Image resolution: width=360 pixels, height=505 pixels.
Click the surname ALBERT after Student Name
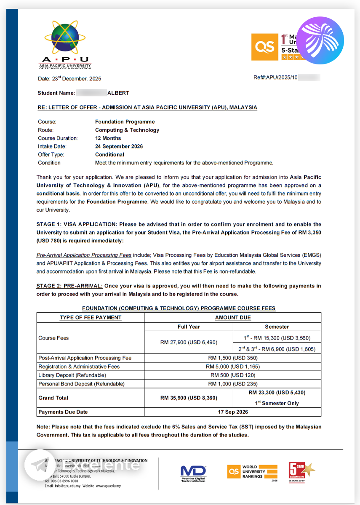[x=118, y=93]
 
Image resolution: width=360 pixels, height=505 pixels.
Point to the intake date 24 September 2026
[x=119, y=146]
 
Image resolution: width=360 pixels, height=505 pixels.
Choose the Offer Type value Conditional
[x=109, y=154]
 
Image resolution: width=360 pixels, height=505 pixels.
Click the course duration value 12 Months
[x=108, y=138]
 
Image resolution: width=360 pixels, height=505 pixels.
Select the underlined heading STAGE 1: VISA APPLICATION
[x=77, y=224]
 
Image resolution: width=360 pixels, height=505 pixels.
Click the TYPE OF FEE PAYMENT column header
[x=91, y=318]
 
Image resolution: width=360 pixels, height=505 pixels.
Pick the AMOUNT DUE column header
[x=233, y=318]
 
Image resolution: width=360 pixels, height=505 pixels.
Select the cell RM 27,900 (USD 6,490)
[x=189, y=343]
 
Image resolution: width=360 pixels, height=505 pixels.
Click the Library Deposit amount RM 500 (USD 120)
[x=233, y=375]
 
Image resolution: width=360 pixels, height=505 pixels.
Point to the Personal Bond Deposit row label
[x=81, y=384]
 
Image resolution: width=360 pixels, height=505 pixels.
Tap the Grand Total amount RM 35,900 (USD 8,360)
[x=189, y=398]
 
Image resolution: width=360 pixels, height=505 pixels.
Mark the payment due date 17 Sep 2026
[x=233, y=412]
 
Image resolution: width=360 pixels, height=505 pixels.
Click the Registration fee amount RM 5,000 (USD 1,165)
[x=233, y=367]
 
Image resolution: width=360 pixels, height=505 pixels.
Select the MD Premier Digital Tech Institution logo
[x=193, y=473]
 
